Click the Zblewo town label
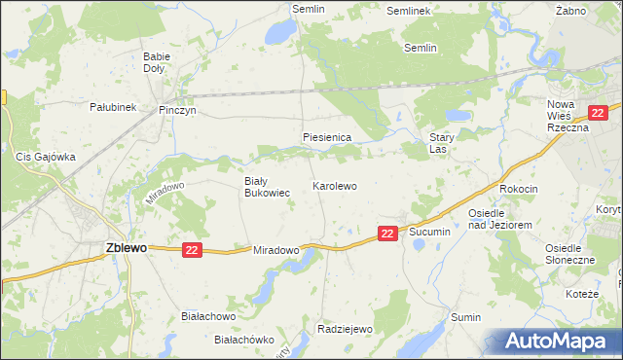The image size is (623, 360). point(126,248)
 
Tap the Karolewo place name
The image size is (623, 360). point(335,185)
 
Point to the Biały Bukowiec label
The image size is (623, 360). point(267,187)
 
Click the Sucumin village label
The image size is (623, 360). point(429,233)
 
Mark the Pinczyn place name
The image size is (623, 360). point(178,111)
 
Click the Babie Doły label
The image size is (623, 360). point(157,62)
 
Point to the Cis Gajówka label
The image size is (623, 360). point(46,156)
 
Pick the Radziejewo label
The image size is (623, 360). point(346,329)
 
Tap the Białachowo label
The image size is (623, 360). point(209,316)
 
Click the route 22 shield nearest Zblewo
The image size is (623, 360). point(191,250)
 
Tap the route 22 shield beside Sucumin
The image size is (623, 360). point(387,233)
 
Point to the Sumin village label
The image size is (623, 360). point(466,317)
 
